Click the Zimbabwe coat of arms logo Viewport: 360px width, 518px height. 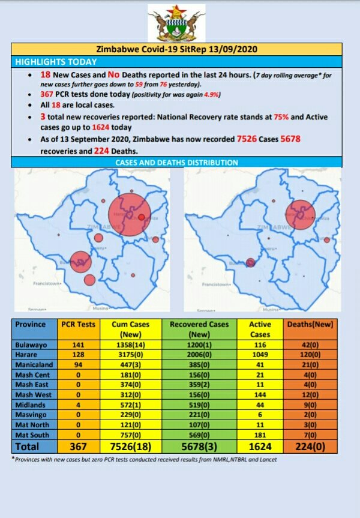pyautogui.click(x=176, y=24)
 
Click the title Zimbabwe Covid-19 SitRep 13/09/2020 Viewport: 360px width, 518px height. pyautogui.click(x=177, y=50)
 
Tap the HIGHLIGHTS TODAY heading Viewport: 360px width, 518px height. pyautogui.click(x=49, y=62)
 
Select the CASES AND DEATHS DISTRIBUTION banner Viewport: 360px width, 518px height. pyautogui.click(x=177, y=163)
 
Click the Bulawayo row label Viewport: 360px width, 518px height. pyautogui.click(x=32, y=345)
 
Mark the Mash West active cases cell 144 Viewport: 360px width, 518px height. pyautogui.click(x=260, y=395)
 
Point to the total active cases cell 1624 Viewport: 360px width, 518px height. pyautogui.click(x=260, y=447)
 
